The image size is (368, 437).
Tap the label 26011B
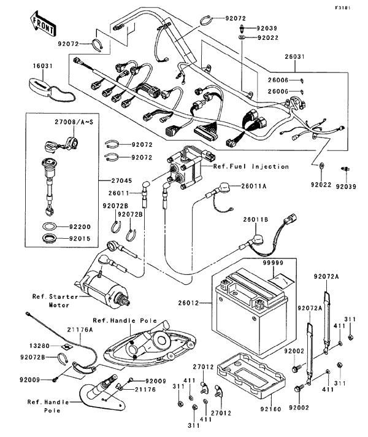coord(255,219)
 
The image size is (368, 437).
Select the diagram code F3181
coord(354,7)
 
